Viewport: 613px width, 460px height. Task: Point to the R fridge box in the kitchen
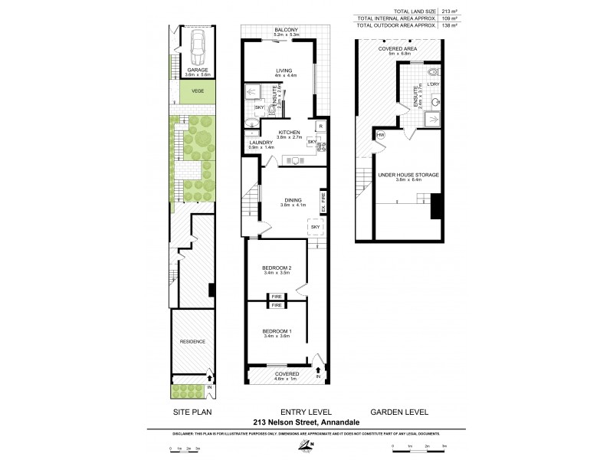point(320,127)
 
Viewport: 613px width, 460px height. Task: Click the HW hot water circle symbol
point(381,136)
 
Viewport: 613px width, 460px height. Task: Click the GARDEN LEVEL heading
point(399,412)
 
